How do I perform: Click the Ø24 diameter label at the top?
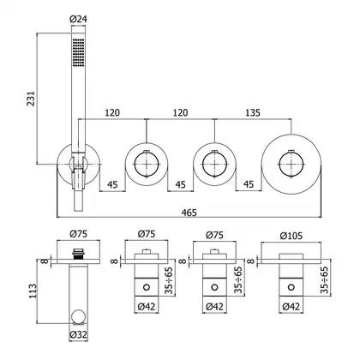78,19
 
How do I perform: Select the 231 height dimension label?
31,99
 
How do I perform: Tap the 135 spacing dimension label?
253,112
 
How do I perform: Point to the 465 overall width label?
189,213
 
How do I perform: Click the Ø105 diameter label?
291,236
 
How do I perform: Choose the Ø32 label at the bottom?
78,334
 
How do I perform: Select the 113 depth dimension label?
33,291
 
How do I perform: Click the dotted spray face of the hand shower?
78,52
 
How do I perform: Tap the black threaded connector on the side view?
78,254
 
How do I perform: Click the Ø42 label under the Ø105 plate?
291,307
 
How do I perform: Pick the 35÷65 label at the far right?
325,280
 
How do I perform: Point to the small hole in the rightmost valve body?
291,287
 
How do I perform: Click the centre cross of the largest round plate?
291,165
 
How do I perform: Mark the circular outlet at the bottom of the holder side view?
78,316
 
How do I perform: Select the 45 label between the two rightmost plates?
249,184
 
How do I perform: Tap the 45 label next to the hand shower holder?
112,184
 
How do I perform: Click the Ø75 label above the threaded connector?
78,234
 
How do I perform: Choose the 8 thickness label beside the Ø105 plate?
250,261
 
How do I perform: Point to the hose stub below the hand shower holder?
78,201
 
